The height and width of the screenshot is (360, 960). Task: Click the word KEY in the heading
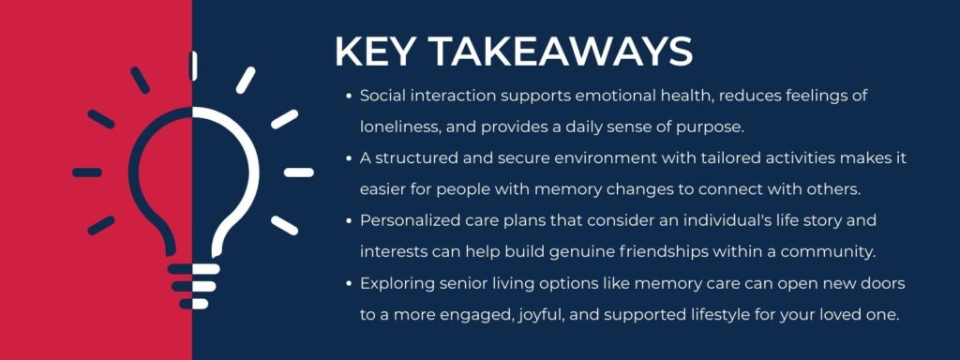click(x=374, y=52)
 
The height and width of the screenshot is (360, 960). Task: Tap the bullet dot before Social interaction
click(x=348, y=96)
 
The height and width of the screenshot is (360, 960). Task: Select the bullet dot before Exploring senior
click(x=348, y=282)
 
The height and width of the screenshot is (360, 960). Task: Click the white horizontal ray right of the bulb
click(x=298, y=172)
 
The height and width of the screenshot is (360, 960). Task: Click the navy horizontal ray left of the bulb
click(x=87, y=172)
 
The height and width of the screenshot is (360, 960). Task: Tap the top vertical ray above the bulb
click(x=193, y=66)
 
